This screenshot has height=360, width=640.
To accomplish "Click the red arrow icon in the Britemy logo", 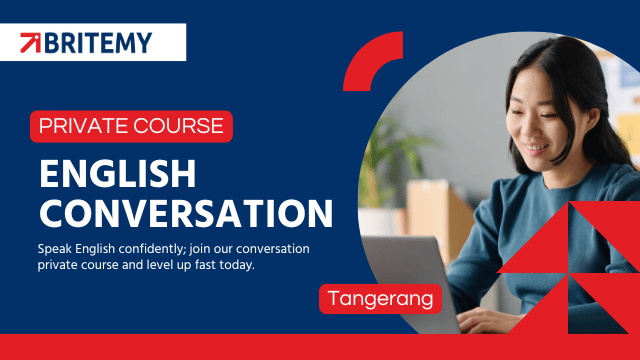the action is [x=31, y=42].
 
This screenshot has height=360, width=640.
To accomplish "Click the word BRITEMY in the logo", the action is [x=98, y=43].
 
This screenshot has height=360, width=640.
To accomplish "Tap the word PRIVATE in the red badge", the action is [x=84, y=126].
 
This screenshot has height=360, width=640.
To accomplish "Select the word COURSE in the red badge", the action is [x=178, y=126].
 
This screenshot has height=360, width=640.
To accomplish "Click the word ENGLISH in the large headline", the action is [x=118, y=174].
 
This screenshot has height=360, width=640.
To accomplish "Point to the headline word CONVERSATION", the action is [x=186, y=213].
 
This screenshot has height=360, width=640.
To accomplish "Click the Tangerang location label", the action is [x=380, y=298].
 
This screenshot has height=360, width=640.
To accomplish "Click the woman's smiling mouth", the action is [x=537, y=148].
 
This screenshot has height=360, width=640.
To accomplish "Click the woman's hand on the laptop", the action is [x=486, y=320].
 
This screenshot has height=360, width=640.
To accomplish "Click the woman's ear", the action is [x=592, y=123].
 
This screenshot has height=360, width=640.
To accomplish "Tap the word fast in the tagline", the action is [x=205, y=265].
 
